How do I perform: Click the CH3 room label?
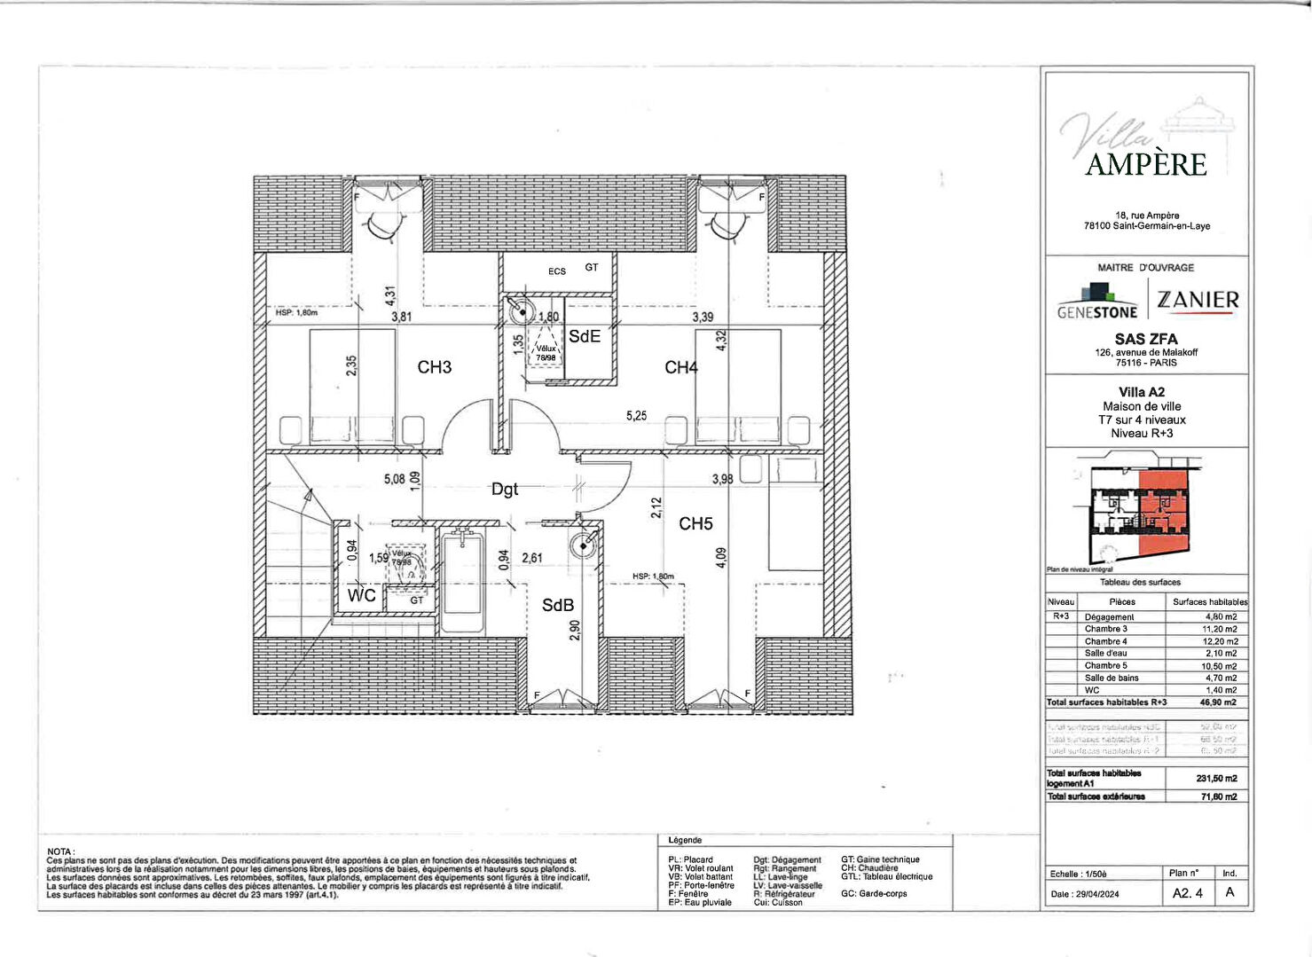tap(435, 367)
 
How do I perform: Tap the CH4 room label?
tap(681, 367)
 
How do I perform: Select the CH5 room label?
tap(695, 524)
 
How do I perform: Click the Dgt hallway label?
tap(505, 489)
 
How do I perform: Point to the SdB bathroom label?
tap(558, 605)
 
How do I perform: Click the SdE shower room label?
tap(585, 336)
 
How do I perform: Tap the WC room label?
tap(361, 595)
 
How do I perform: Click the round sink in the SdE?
tap(521, 311)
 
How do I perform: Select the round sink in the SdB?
tap(583, 545)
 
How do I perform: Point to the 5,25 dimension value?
tap(636, 415)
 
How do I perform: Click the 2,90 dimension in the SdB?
tap(575, 630)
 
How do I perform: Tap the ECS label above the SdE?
tap(556, 271)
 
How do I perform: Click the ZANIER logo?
tap(1198, 301)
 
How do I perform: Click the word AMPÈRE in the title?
tap(1146, 165)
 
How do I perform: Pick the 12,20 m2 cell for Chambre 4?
tap(1221, 641)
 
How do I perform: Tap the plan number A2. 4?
tap(1187, 893)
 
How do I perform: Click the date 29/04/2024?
tap(1098, 894)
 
